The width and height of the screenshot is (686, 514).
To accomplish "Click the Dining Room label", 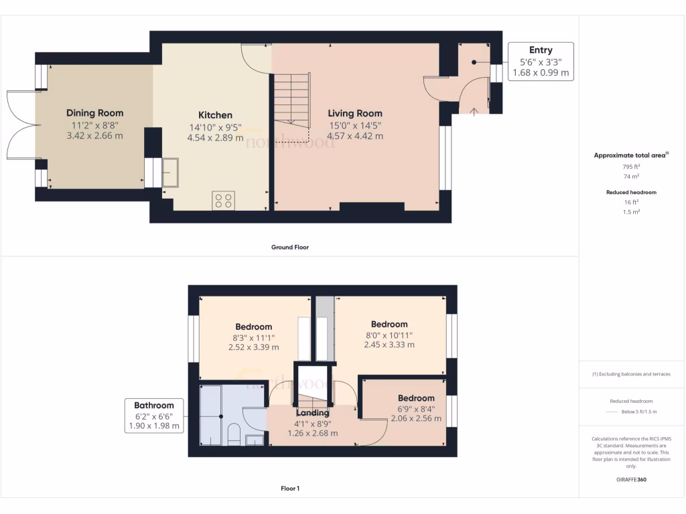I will (94, 113).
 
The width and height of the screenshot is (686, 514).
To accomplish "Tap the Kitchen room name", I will (215, 115).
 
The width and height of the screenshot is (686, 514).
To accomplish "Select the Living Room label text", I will (355, 113).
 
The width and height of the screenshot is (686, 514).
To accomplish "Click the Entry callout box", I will (541, 61).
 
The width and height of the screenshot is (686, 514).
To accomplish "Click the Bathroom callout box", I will (154, 415).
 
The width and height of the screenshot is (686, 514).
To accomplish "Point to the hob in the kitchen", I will (224, 200).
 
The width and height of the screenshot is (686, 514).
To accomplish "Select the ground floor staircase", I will (291, 100).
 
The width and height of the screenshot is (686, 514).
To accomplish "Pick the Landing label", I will (312, 413).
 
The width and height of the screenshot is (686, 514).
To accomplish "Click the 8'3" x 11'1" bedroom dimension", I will (253, 337).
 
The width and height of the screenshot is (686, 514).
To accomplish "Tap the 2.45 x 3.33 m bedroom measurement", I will (389, 345).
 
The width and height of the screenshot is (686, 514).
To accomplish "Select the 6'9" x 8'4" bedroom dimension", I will (416, 408).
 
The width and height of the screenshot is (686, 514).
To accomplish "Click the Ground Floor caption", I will (289, 247).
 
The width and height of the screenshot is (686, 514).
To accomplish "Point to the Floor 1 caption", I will (289, 489).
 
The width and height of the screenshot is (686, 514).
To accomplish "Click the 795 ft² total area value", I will (632, 166).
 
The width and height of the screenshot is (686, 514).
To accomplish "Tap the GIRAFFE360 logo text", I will (632, 480).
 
